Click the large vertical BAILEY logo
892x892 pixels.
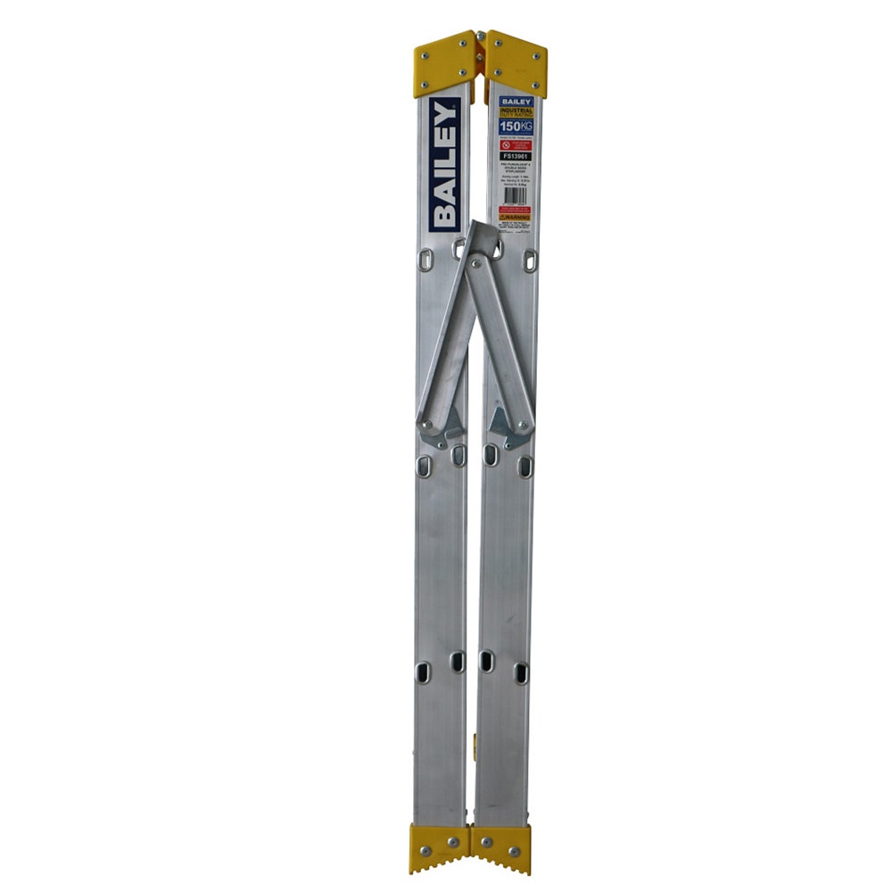[444, 165]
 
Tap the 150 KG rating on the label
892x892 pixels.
[516, 127]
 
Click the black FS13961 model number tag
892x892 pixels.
[516, 156]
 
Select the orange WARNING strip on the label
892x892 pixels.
[516, 216]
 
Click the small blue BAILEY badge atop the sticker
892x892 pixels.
[516, 103]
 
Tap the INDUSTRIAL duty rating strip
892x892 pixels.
[516, 113]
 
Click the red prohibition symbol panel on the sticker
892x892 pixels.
[516, 143]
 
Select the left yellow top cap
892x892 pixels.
[444, 63]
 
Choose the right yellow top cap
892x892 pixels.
[516, 63]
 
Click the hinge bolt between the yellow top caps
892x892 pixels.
[481, 37]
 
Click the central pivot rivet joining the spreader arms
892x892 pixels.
[475, 262]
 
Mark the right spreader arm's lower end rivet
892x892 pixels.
[522, 425]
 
